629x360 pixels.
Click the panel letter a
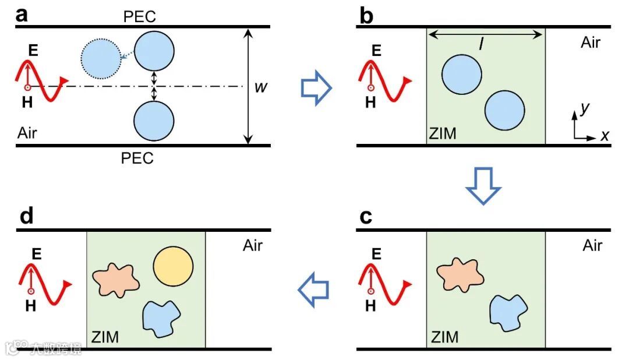(22, 14)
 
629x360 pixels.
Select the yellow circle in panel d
(173, 266)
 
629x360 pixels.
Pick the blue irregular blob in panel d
(162, 318)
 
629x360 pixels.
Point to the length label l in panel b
(481, 43)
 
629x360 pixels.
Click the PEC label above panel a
(140, 16)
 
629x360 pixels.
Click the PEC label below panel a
(137, 158)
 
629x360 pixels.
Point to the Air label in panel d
(253, 245)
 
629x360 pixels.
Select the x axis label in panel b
(605, 136)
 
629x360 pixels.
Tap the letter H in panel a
(28, 103)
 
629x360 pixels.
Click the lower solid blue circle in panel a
(154, 121)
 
